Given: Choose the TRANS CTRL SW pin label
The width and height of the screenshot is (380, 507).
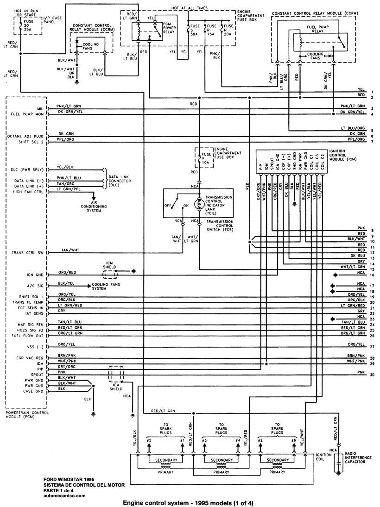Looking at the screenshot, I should pos(28,252).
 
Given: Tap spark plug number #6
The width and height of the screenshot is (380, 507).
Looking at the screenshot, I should pos(293,440).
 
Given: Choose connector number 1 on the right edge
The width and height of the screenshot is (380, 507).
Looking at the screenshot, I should pos(372,91).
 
